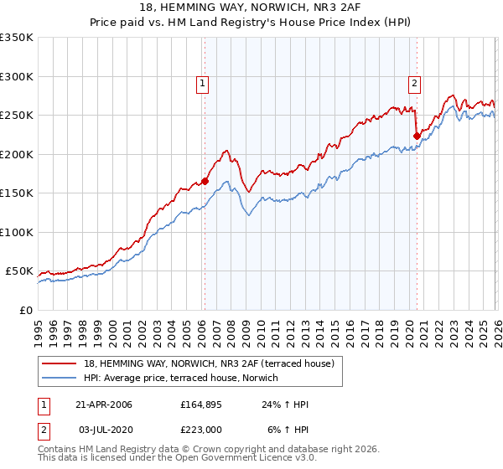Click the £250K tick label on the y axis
point(17,116)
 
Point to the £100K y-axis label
point(17,232)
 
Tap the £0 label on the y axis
point(25,310)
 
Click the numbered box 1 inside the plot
point(203,82)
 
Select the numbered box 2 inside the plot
point(415,82)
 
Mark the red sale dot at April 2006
point(205,181)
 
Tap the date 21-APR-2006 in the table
point(104,405)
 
